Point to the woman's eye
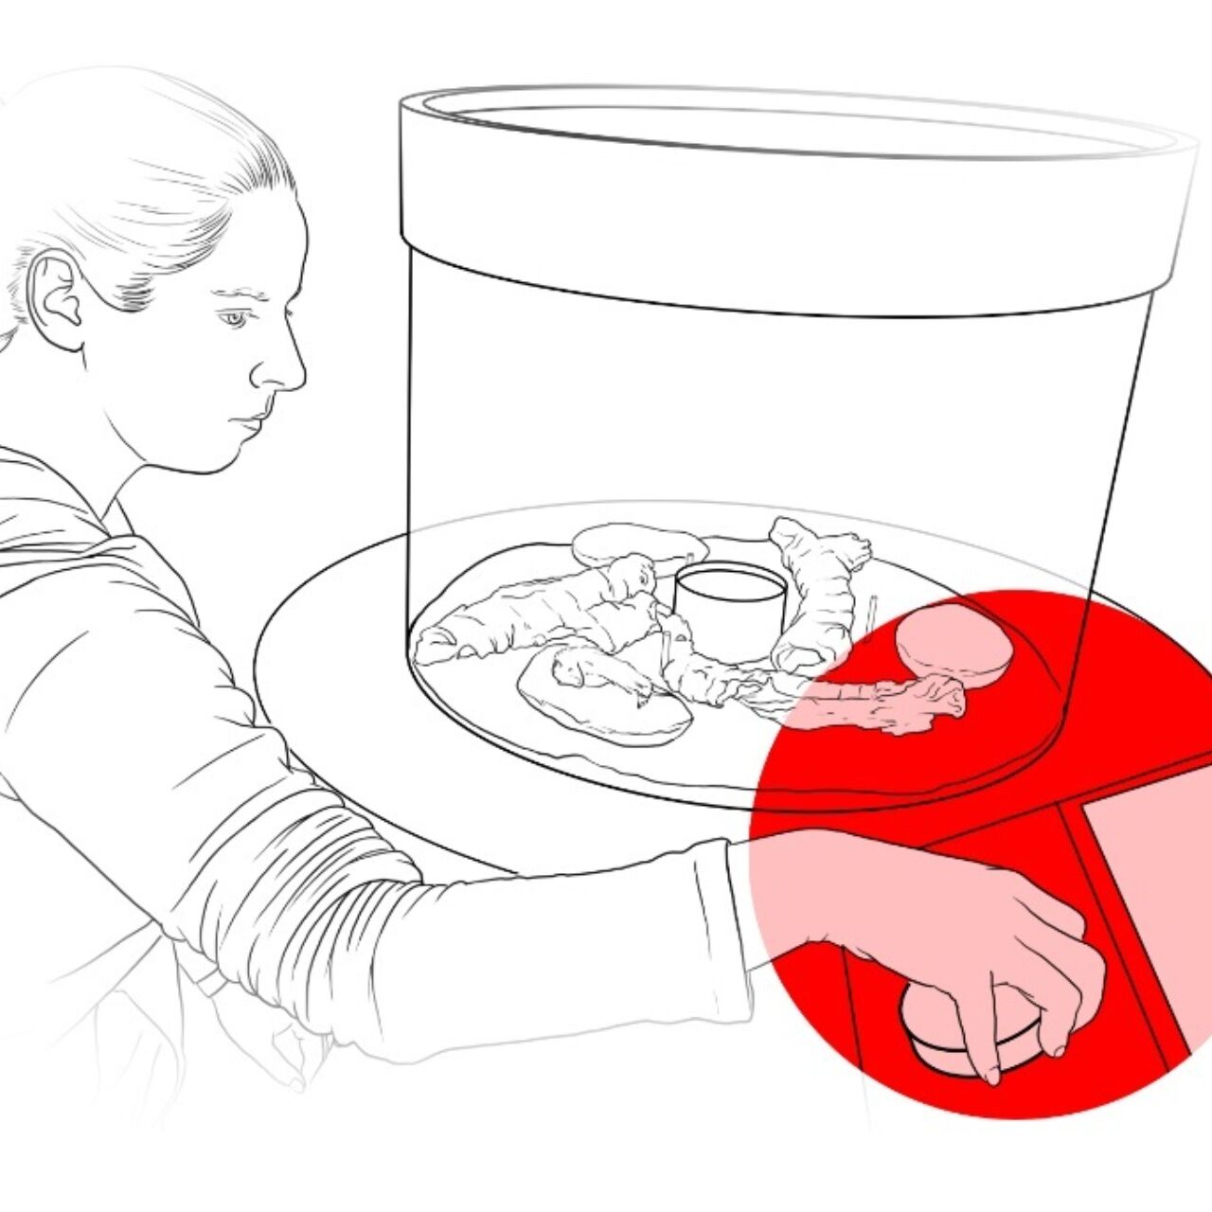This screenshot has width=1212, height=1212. [x=233, y=319]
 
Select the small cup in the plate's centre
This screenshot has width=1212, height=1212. [x=729, y=602]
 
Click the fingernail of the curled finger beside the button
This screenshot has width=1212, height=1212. [x=1057, y=1048]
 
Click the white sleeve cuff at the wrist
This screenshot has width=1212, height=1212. [x=729, y=909]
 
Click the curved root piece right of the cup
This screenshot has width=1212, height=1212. [x=819, y=592]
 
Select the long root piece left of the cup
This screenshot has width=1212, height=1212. [x=530, y=615]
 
